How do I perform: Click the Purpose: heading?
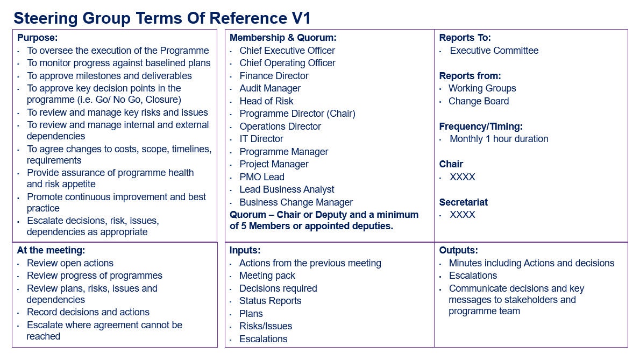[x=37, y=38]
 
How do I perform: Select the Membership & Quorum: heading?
[x=282, y=38]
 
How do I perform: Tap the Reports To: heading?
[x=465, y=38]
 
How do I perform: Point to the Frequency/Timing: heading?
[x=480, y=126]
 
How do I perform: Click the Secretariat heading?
[x=463, y=202]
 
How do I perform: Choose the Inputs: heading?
[x=245, y=250]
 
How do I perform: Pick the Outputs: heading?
[x=458, y=250]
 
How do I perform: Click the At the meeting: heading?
[x=51, y=250]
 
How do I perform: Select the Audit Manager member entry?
[x=270, y=88]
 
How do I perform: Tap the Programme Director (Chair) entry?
[x=297, y=114]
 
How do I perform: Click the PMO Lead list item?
[x=262, y=177]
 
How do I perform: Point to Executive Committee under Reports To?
[x=494, y=51]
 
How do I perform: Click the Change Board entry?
[x=479, y=101]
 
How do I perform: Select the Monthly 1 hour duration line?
[x=499, y=139]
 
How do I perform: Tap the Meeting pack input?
[x=267, y=276]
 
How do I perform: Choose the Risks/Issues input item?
[x=266, y=326]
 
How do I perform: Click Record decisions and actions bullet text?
[x=88, y=312]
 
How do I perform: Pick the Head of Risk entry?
[x=266, y=101]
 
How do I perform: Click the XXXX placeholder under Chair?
[x=463, y=177]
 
